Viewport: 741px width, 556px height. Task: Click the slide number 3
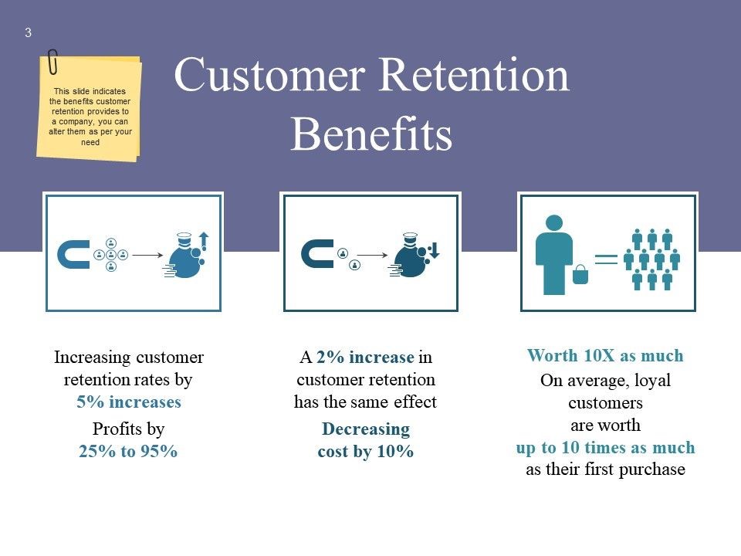[29, 32]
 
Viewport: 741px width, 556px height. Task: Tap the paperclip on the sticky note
[53, 62]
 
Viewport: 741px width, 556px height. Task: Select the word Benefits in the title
[371, 134]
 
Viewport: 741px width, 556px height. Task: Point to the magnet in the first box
[73, 254]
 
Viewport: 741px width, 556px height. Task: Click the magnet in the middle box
[316, 254]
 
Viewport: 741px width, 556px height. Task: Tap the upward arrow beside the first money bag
[204, 241]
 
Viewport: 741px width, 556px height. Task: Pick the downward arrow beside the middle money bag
[435, 250]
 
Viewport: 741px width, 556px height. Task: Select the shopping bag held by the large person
[580, 275]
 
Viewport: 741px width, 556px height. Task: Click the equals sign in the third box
[606, 259]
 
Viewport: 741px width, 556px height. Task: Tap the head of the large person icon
[554, 223]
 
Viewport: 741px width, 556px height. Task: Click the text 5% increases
[129, 402]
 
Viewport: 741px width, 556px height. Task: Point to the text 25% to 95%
[128, 451]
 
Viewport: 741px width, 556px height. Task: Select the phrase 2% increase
[365, 357]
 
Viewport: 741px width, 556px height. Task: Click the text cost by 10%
[366, 452]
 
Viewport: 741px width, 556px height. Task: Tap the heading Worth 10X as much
[605, 355]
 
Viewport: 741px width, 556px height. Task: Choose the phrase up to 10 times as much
[605, 447]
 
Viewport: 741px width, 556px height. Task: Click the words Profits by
[129, 429]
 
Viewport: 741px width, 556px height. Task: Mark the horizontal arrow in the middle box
[372, 256]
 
